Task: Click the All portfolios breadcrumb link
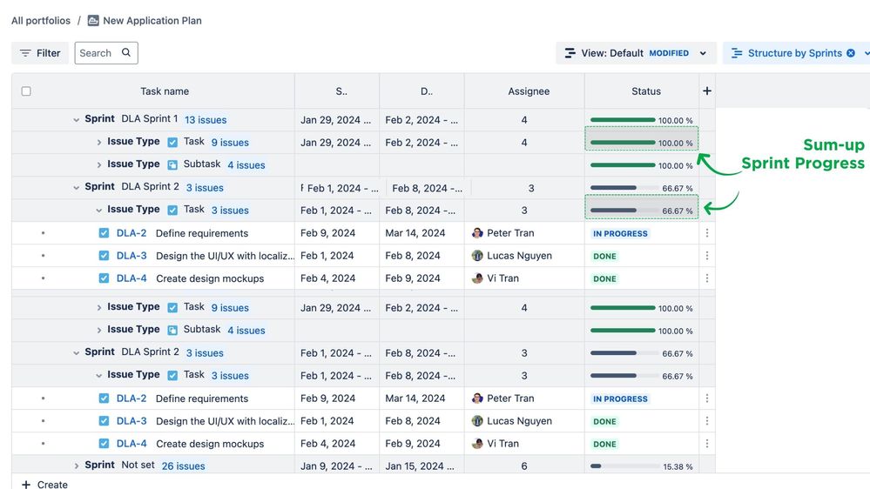pyautogui.click(x=41, y=21)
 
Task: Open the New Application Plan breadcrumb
pyautogui.click(x=152, y=21)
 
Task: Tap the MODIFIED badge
pyautogui.click(x=669, y=53)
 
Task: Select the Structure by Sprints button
pyautogui.click(x=794, y=53)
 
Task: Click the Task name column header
pyautogui.click(x=165, y=91)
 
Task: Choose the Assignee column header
pyautogui.click(x=529, y=91)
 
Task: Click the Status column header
pyautogui.click(x=646, y=91)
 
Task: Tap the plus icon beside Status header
pyautogui.click(x=707, y=91)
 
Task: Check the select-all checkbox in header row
pyautogui.click(x=26, y=91)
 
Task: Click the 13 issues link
pyautogui.click(x=206, y=120)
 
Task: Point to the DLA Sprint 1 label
pyautogui.click(x=149, y=119)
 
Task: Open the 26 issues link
pyautogui.click(x=184, y=466)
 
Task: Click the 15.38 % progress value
pyautogui.click(x=678, y=466)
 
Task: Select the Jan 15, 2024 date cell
pyautogui.click(x=422, y=466)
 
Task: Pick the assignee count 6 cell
pyautogui.click(x=524, y=466)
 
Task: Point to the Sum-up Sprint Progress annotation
pyautogui.click(x=802, y=155)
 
